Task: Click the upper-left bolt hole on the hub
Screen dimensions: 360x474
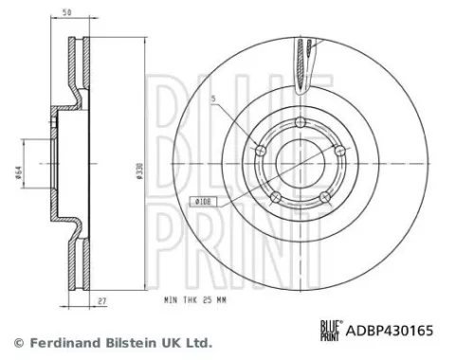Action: coord(258,149)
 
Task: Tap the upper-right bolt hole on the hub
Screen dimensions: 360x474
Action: coord(337,149)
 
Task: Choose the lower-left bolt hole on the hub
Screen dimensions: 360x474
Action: coord(274,196)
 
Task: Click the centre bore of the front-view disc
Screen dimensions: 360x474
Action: coord(298,166)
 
